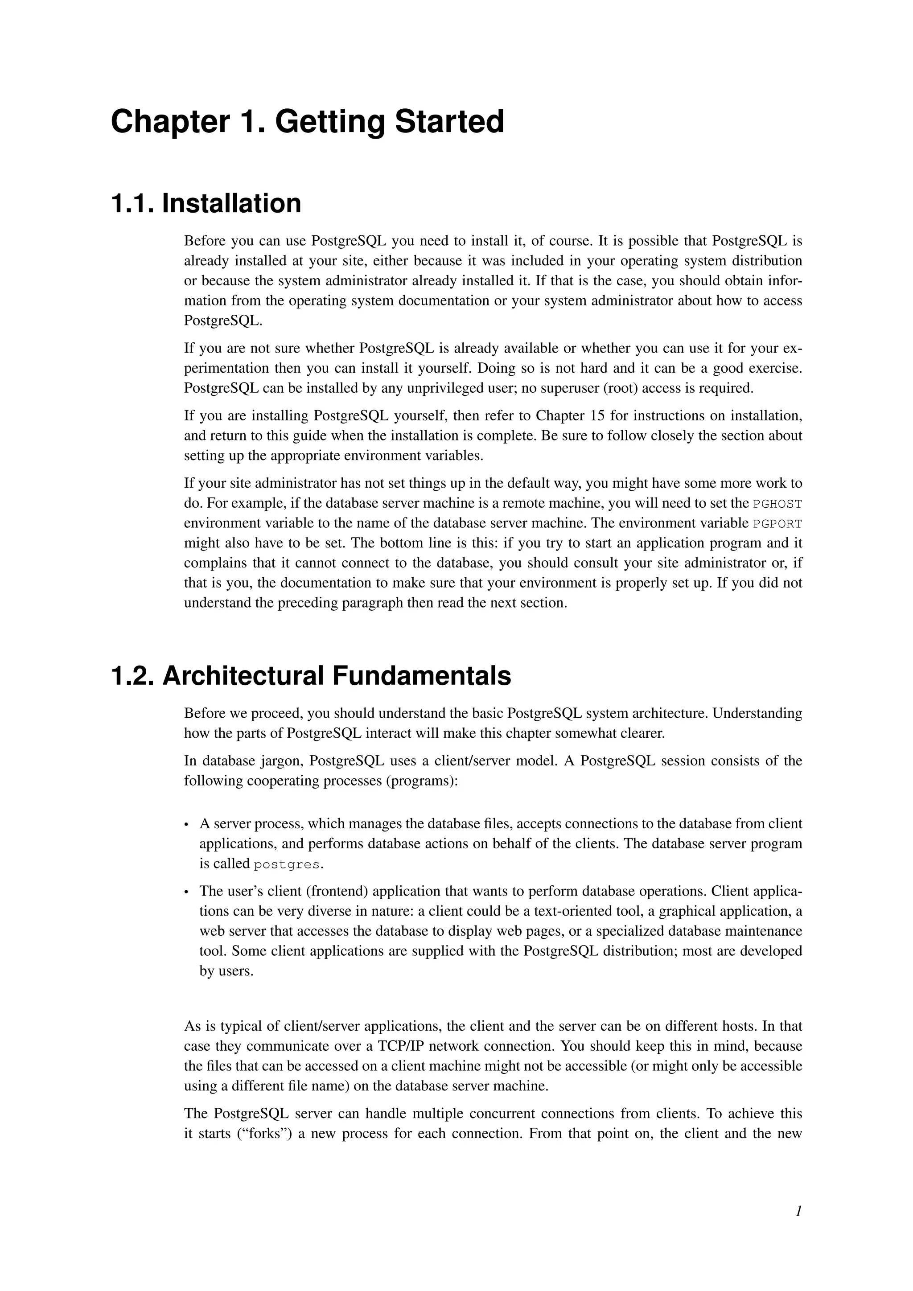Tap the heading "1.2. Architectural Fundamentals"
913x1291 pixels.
pyautogui.click(x=311, y=675)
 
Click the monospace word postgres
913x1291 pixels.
pyautogui.click(x=287, y=864)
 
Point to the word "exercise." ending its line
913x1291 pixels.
pyautogui.click(x=775, y=368)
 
